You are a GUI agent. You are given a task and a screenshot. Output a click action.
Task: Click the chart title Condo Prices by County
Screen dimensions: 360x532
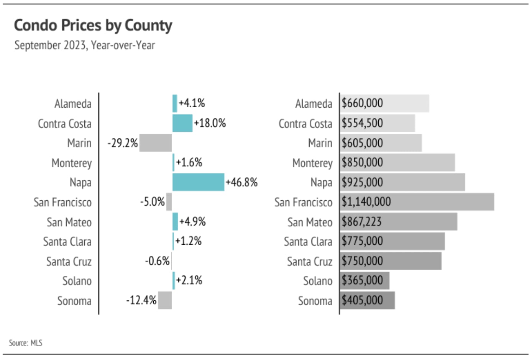pos(93,25)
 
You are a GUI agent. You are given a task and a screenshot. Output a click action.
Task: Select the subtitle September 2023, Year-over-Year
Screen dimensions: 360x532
pos(85,45)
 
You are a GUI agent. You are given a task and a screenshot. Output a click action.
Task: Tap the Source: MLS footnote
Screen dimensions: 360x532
pos(26,343)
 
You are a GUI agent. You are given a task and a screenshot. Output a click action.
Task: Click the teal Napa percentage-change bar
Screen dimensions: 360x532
pos(198,182)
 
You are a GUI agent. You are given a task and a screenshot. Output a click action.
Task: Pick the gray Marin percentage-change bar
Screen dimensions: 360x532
pos(155,143)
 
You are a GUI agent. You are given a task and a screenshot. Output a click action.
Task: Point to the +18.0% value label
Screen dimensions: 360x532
pos(210,123)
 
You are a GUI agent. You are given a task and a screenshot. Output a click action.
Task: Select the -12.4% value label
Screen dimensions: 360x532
pos(141,300)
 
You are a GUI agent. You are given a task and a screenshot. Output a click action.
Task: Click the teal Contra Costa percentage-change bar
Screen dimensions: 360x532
pos(182,123)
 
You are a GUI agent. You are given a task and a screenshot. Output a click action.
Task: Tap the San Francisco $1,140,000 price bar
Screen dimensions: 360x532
pos(441,202)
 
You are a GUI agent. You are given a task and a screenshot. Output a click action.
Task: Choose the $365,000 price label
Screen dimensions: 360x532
pos(362,280)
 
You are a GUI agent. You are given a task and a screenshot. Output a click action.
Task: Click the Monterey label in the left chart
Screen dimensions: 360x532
pos(72,163)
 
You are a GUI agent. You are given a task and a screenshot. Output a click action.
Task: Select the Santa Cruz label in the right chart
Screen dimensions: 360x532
pos(309,262)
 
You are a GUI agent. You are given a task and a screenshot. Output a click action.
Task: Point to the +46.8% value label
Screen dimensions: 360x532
pos(241,182)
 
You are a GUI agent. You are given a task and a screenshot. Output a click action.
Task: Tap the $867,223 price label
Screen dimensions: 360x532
pos(361,222)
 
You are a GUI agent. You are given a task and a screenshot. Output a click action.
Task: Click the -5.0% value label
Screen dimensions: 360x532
pos(152,201)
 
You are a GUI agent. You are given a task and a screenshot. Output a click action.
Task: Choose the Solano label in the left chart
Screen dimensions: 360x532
pos(77,281)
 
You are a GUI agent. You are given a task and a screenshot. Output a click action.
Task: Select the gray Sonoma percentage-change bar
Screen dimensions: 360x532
pos(165,300)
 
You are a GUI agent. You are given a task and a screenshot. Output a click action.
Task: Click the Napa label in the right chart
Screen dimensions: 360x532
pos(321,183)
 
